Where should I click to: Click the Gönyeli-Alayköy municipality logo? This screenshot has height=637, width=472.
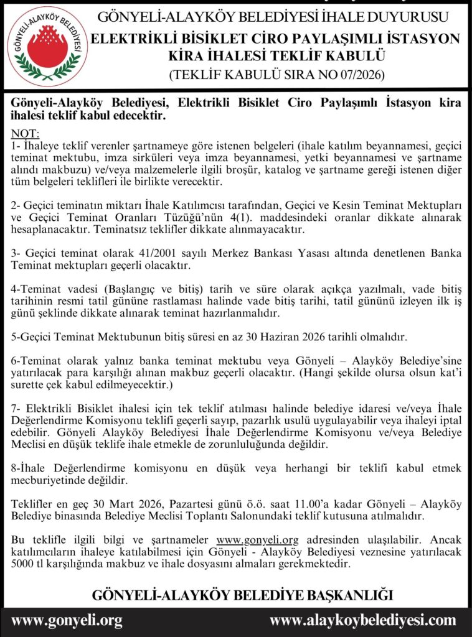point(47,45)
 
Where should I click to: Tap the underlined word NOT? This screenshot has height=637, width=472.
point(25,134)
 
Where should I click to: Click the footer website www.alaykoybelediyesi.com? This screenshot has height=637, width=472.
point(362,620)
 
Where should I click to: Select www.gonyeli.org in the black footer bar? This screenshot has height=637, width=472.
point(67,620)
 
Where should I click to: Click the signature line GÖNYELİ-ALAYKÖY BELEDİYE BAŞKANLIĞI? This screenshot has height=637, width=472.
point(242,594)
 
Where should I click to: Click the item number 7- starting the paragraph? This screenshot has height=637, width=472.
point(17,408)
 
